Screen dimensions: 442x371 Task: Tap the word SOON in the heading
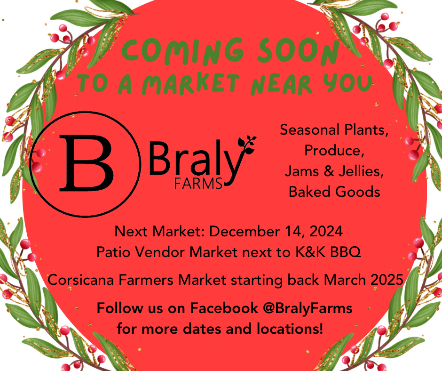click(x=298, y=51)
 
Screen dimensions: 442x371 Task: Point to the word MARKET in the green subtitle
click(x=191, y=84)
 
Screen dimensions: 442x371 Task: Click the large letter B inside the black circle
click(x=87, y=162)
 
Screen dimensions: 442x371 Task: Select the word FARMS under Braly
click(x=198, y=184)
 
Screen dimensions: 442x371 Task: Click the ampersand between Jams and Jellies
click(x=329, y=171)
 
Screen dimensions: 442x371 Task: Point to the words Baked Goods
click(x=335, y=192)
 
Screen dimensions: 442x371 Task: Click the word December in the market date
click(x=245, y=231)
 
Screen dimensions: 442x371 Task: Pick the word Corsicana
click(x=80, y=280)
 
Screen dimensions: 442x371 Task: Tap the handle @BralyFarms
click(x=308, y=308)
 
